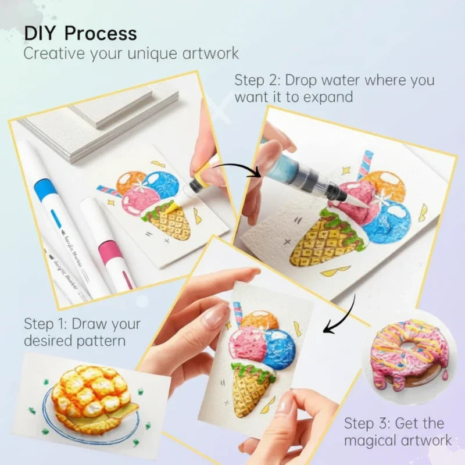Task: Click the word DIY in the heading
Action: click(x=40, y=33)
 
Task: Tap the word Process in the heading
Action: click(x=101, y=33)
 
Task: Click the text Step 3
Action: click(x=367, y=423)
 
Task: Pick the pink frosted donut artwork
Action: click(x=410, y=356)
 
